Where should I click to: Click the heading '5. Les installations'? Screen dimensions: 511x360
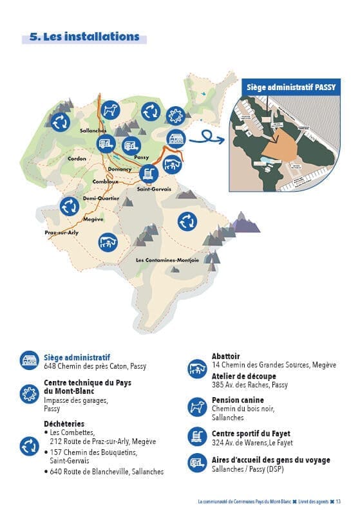click(84, 37)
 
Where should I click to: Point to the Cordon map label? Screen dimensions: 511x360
click(77, 158)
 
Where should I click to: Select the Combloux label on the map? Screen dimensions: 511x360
click(105, 181)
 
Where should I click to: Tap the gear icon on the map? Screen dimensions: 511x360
click(175, 116)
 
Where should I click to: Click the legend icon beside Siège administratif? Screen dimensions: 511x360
click(30, 361)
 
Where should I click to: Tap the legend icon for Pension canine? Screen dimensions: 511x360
click(196, 406)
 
